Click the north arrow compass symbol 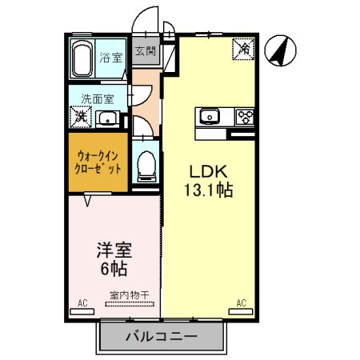pos(279,52)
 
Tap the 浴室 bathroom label pos(110,58)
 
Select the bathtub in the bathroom pos(83,58)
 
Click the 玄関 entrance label pos(146,52)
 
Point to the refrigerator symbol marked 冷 pos(243,50)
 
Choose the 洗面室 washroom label pos(98,99)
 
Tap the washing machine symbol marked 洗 pos(81,117)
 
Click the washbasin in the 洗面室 pos(107,119)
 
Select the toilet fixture pos(146,165)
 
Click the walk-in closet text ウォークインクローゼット pos(98,163)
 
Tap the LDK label pos(210,172)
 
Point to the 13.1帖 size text pos(210,192)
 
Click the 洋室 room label pos(111,250)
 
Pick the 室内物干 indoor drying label pos(130,295)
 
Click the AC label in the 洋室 pos(82,303)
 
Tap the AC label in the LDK pos(240,303)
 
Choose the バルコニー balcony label pos(161,336)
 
